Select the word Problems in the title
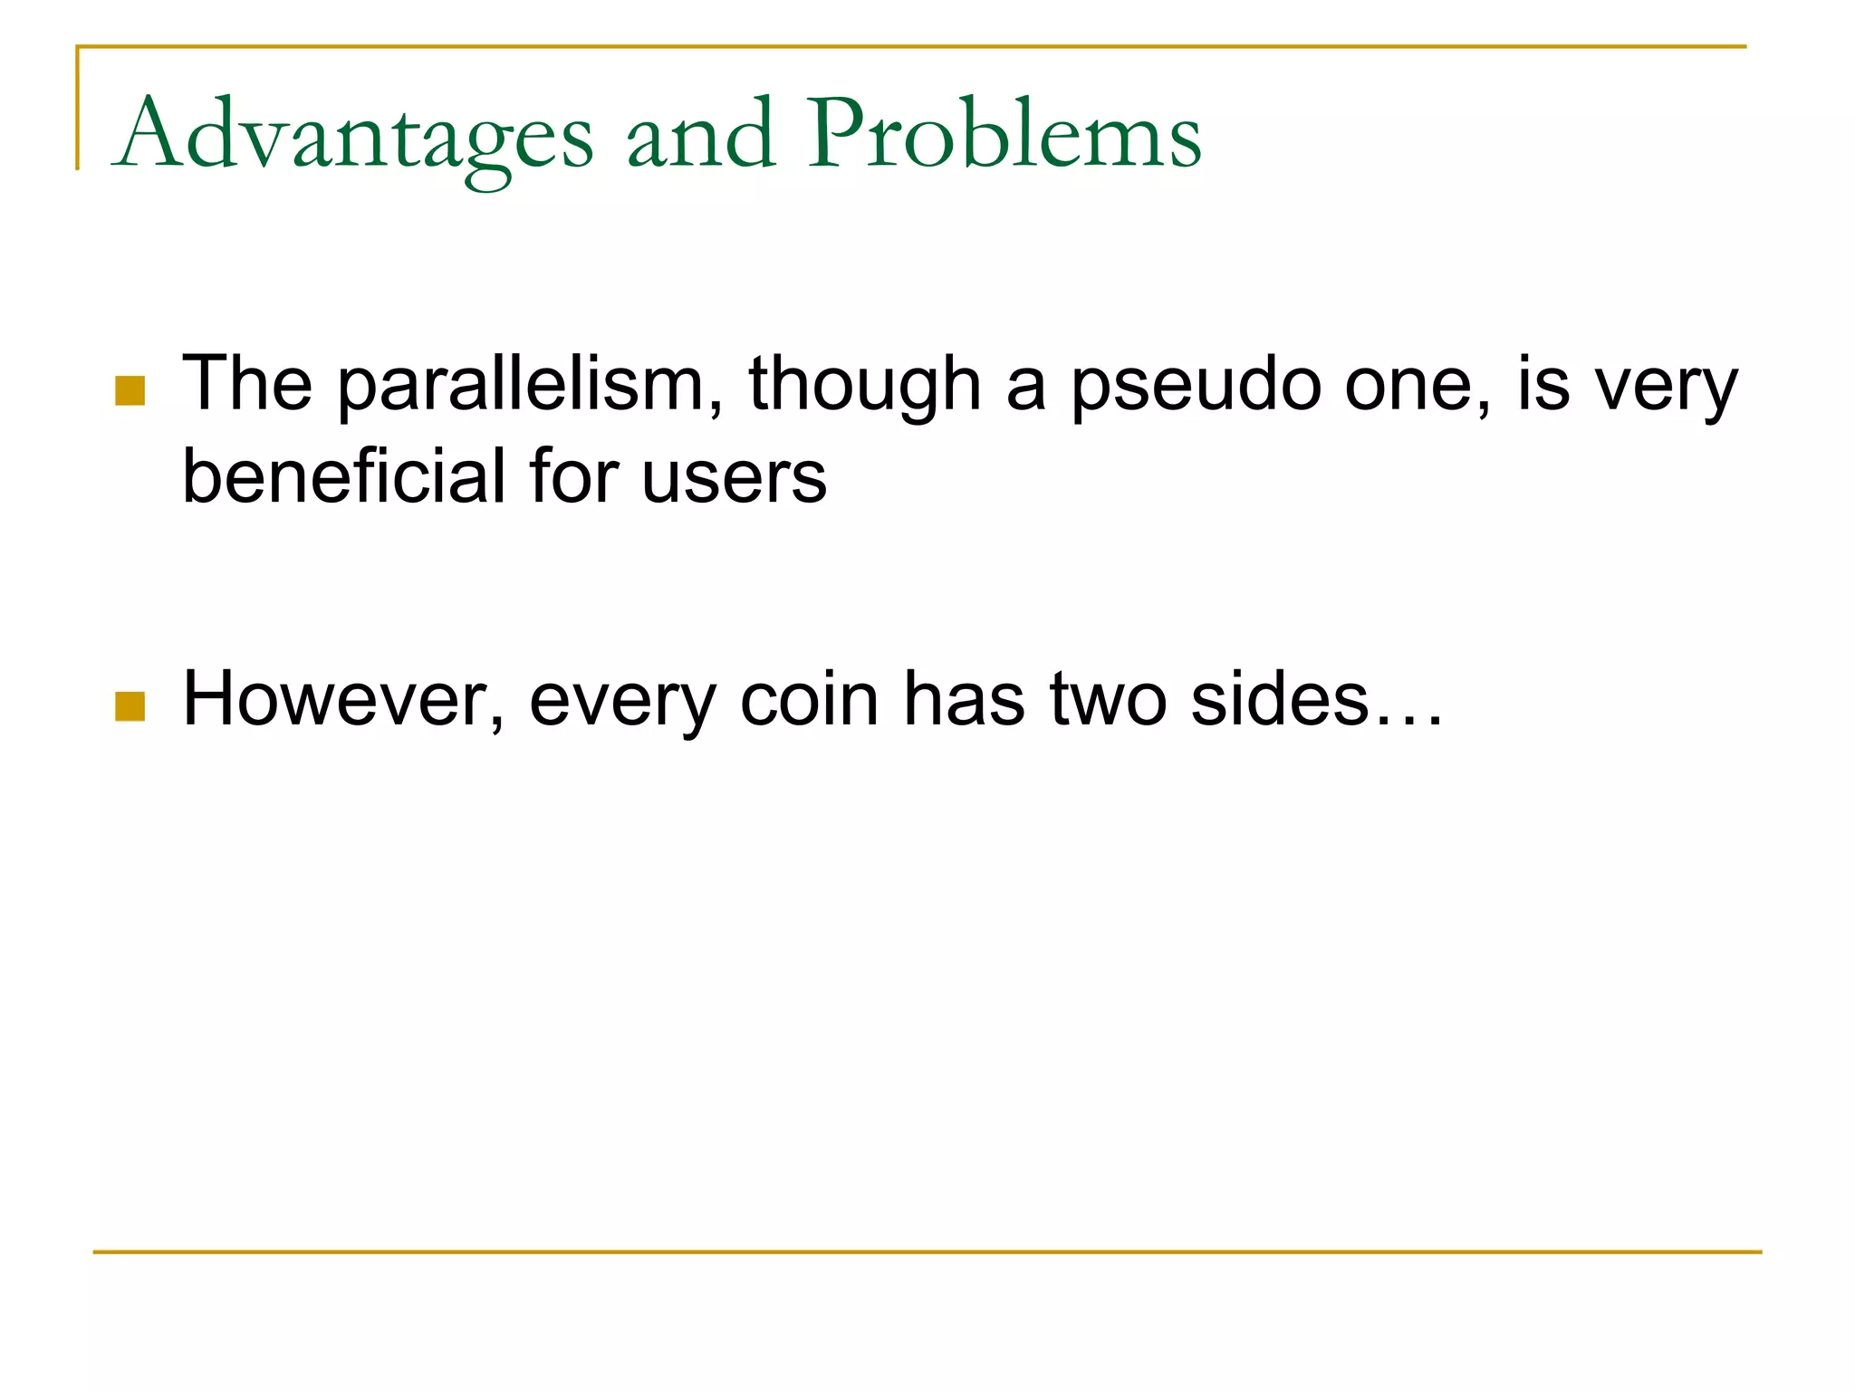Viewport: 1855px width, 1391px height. (x=1004, y=136)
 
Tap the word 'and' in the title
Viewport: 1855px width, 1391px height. (x=701, y=136)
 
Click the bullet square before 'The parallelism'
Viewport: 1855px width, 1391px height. (x=130, y=391)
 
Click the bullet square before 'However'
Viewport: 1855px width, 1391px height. (x=130, y=706)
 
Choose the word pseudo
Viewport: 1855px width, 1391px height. (x=1197, y=385)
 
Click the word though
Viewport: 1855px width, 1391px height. (x=865, y=385)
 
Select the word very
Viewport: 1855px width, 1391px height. (x=1666, y=385)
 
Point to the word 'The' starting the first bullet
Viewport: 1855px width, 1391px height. (x=247, y=385)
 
